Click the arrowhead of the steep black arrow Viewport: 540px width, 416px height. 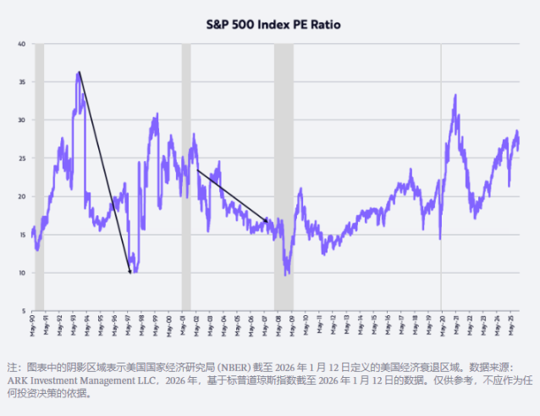(x=129, y=272)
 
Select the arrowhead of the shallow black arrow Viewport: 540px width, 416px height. (x=267, y=223)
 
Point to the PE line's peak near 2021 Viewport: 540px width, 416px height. (x=455, y=96)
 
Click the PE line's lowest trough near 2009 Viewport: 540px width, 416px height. (x=287, y=274)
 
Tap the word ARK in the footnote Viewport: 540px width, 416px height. (x=19, y=381)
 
